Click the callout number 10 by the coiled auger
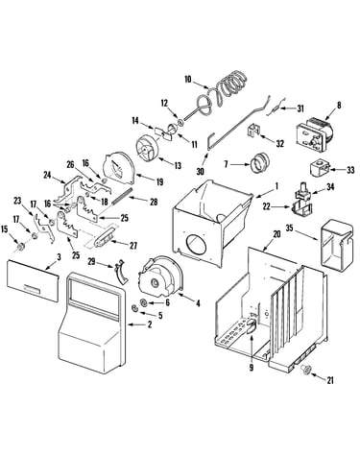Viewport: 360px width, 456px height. coord(188,79)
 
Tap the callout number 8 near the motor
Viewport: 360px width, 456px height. coord(339,105)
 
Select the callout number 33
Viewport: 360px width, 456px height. coord(350,170)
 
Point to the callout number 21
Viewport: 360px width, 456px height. coord(330,380)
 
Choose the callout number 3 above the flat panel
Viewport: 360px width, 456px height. coord(59,256)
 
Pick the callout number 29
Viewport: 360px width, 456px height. coord(92,261)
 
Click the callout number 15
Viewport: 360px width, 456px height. coord(5,228)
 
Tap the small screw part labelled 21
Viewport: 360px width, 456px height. coord(306,371)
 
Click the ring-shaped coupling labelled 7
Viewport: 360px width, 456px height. coord(260,163)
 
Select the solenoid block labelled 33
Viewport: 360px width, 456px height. coord(320,169)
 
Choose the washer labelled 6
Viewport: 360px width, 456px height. coord(144,302)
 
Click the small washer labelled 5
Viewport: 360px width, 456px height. coord(134,308)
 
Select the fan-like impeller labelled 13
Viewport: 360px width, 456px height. coord(146,150)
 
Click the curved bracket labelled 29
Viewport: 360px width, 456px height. coord(121,273)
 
